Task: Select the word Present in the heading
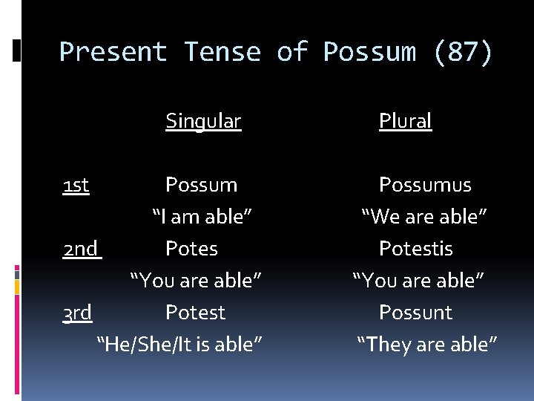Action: point(113,53)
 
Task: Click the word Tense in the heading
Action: point(222,53)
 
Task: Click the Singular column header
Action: point(203,121)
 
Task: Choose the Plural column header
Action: point(405,121)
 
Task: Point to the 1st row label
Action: point(76,185)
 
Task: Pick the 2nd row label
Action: point(81,249)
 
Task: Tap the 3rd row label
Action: point(77,313)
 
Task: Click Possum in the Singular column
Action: point(201,185)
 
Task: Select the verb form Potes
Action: point(191,249)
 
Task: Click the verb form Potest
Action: point(195,313)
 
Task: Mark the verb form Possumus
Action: point(425,185)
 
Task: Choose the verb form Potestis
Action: point(415,249)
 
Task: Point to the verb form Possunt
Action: point(415,313)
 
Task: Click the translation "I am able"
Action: point(202,217)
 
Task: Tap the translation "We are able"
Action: point(424,217)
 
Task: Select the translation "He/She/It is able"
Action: point(180,345)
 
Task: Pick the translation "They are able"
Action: point(427,345)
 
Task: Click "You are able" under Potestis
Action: point(418,281)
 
